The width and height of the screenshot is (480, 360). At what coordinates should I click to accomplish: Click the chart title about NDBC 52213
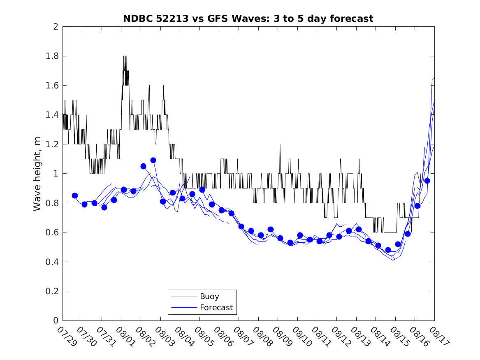[x=248, y=19]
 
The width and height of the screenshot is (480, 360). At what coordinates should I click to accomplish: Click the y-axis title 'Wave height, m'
[x=37, y=174]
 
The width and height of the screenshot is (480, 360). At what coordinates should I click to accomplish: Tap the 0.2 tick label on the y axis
[x=52, y=291]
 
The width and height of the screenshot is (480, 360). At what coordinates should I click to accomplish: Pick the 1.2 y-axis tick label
[x=52, y=144]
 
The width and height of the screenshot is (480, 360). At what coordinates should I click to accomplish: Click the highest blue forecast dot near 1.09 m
[x=153, y=160]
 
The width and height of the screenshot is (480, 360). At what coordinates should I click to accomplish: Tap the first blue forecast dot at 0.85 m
[x=75, y=195]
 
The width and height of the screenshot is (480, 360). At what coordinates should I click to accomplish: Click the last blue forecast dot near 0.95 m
[x=427, y=181]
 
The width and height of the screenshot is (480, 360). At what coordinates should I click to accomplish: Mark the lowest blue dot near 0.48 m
[x=388, y=250]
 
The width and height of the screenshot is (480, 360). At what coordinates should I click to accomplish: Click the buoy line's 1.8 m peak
[x=125, y=56]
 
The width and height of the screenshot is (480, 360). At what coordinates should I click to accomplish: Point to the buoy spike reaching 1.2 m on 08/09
[x=280, y=144]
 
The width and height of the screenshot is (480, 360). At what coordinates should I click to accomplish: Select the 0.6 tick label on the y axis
[x=52, y=232]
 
